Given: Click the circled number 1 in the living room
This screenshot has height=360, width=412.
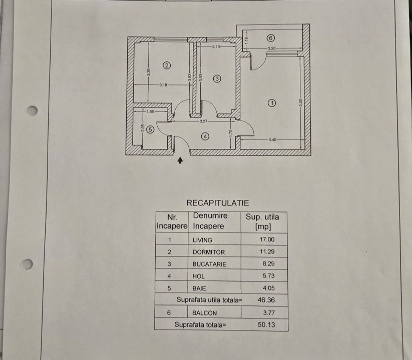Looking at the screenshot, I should pos(271,103).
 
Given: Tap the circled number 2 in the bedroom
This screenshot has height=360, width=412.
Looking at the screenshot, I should pos(167,64).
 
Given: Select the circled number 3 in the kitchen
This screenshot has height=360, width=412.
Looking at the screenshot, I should pos(217,78).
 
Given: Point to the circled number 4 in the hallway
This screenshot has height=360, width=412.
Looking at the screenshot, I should pos(205,135).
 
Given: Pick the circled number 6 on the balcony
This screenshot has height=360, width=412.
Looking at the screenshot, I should pos(270,38).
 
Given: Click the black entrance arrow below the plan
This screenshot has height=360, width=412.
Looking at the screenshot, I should pos(181,160).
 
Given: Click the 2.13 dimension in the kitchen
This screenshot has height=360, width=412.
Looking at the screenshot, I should pos(216,46).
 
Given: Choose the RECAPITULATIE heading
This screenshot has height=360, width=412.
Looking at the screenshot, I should pos(217,203).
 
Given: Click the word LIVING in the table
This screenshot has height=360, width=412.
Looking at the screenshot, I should pos(202,240).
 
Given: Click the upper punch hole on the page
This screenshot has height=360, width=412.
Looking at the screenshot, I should pos(32,110).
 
